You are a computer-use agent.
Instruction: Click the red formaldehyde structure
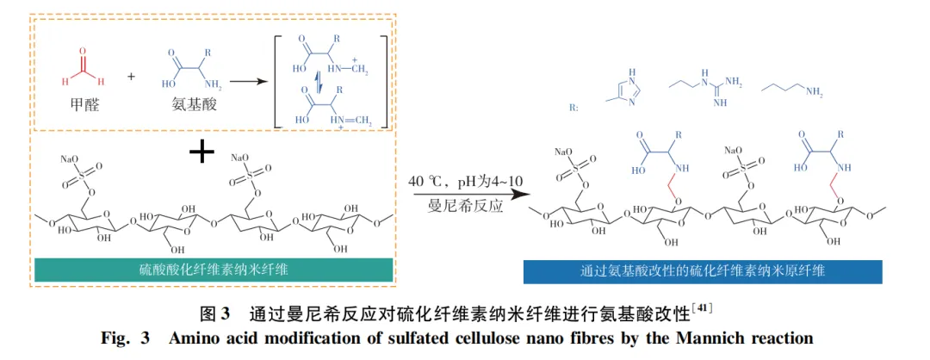[x=83, y=71]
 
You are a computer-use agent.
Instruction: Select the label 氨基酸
[x=191, y=111]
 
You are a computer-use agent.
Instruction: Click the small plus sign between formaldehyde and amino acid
[x=131, y=77]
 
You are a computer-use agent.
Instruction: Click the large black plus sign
[x=201, y=153]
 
